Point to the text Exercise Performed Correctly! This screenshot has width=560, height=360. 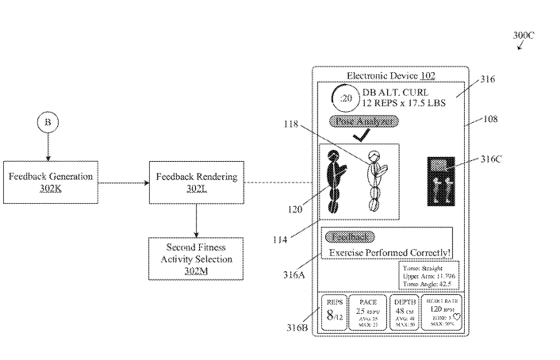[x=389, y=252]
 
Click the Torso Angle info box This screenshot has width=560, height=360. [x=429, y=277]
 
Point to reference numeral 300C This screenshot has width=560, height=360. [x=524, y=36]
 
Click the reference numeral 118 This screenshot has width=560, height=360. [x=302, y=125]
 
